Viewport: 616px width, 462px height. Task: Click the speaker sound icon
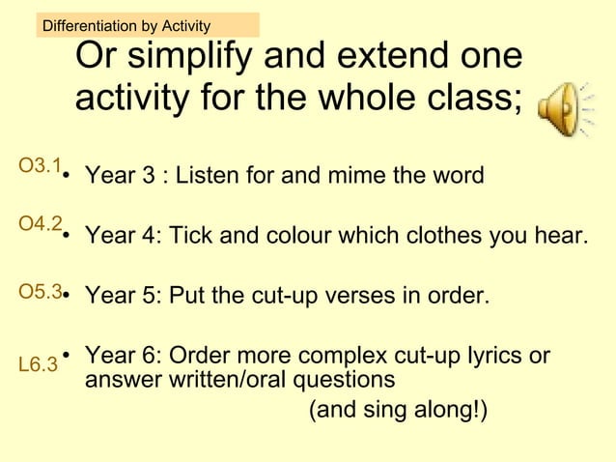coord(565,105)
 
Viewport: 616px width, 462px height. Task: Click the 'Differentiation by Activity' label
coord(126,25)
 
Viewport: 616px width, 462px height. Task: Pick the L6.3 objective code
coord(38,365)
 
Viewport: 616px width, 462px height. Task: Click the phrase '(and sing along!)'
coord(398,411)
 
